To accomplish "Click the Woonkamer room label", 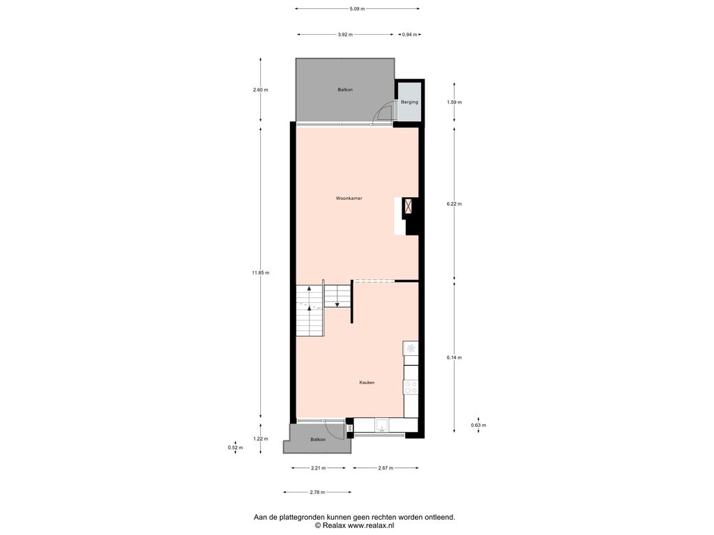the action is (349, 199).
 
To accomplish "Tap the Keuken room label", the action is (367, 382).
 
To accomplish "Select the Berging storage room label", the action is (409, 102).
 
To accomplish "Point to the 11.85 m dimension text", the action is (261, 273).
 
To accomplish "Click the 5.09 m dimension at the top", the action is (357, 8).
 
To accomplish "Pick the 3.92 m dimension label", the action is (345, 35).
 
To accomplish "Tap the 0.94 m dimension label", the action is (409, 35).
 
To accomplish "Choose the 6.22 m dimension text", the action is (454, 204).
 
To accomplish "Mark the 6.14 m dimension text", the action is (454, 357).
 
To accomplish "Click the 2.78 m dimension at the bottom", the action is (317, 493).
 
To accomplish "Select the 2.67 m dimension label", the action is (386, 468).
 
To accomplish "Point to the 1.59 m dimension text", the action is (454, 102).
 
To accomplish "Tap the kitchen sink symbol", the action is (382, 426).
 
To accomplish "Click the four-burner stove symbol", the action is (411, 387).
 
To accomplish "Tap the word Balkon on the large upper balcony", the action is (345, 90).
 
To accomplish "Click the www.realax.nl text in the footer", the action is (371, 525).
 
